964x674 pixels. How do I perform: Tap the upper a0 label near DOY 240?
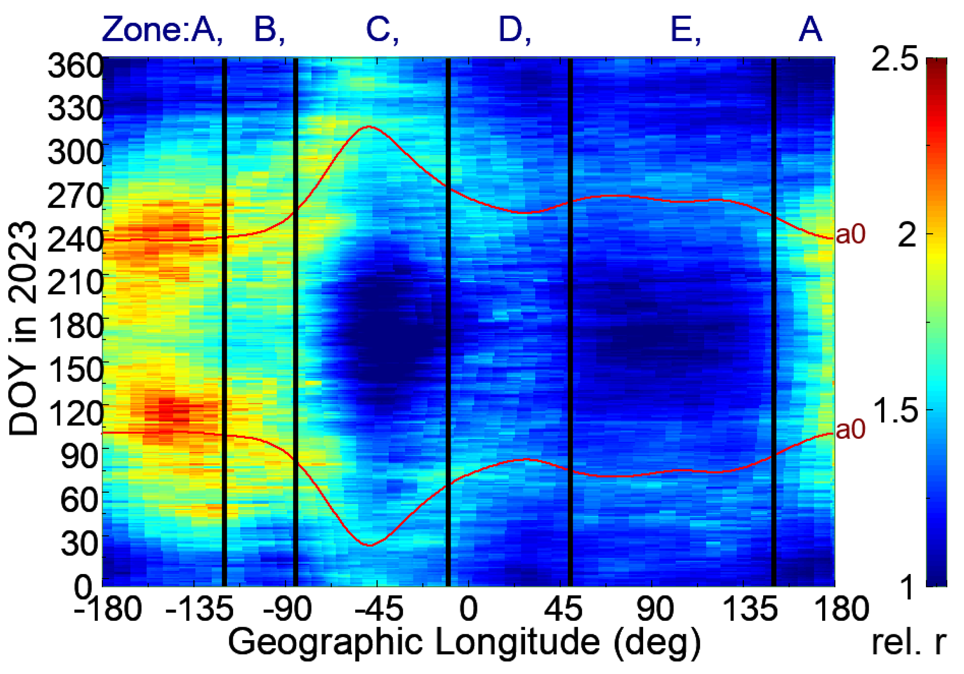click(850, 235)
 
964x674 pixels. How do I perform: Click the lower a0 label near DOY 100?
click(850, 430)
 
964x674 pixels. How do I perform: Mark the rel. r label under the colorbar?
click(909, 643)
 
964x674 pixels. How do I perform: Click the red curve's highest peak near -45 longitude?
click(369, 126)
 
